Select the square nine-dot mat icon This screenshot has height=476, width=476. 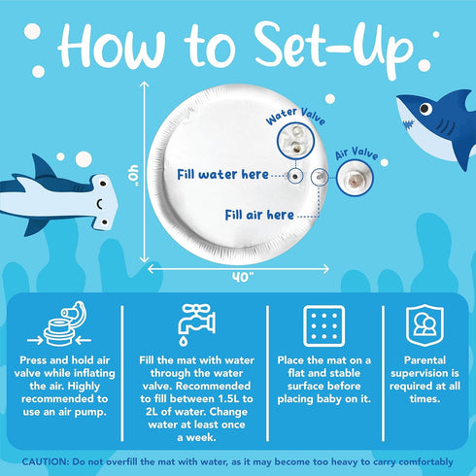coord(323,326)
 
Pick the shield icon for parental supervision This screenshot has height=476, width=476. coord(425,325)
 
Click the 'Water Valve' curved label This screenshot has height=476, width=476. coord(295,117)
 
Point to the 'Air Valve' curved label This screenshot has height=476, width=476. coord(357,153)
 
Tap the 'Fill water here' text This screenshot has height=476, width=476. coord(222,175)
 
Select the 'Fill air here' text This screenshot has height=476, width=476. coord(259,215)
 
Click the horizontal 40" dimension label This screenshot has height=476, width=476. coord(243,277)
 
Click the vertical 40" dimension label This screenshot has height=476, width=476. coord(133,175)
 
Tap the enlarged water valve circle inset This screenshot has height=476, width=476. coord(296,141)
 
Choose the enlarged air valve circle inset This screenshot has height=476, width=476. coord(355,178)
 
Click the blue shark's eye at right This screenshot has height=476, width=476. coord(425,109)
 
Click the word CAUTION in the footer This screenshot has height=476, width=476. coord(46,461)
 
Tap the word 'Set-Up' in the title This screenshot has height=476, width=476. coord(333,48)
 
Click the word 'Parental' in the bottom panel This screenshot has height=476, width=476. coord(425,360)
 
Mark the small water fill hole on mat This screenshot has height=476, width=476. coord(295,177)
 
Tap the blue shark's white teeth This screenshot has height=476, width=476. coord(408,123)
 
